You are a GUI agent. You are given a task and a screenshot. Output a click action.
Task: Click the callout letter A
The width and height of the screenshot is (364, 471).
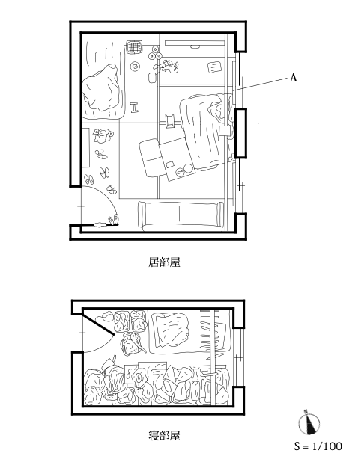click(293, 78)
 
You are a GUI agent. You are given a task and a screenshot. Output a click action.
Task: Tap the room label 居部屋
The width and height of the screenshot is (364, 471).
click(164, 262)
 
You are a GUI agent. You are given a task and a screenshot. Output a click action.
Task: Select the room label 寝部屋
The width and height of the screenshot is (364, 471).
click(164, 435)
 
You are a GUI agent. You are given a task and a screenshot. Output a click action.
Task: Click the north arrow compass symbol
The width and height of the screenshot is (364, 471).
click(309, 423)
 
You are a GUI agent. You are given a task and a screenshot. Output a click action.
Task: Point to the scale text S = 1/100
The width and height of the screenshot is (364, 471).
click(318, 446)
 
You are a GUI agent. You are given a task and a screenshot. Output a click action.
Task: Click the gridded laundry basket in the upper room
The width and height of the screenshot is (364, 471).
click(134, 47)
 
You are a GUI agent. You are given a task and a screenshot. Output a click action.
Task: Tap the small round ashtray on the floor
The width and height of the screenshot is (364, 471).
click(135, 66)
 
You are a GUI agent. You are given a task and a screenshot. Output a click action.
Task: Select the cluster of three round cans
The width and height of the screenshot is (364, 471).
click(155, 53)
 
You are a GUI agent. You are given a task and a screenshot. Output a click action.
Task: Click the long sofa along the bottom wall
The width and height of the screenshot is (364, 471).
click(181, 214)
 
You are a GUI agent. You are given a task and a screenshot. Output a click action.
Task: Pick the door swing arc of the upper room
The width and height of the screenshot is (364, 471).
click(108, 197)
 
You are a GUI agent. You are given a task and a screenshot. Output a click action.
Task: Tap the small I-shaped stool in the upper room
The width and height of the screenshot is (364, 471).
click(134, 107)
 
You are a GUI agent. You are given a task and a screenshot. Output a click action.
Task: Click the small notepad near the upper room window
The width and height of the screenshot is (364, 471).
click(214, 67)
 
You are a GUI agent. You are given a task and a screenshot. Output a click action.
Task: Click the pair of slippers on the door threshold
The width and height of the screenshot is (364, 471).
click(113, 220)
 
